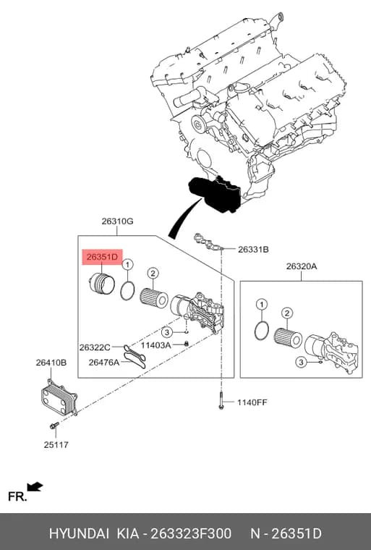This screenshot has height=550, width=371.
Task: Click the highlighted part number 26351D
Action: tap(102, 257)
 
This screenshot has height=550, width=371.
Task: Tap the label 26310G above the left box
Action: tap(117, 221)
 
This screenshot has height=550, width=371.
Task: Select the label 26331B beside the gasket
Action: tap(253, 250)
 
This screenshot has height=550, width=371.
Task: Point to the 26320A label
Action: tap(302, 266)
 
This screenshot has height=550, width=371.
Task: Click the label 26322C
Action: tap(95, 347)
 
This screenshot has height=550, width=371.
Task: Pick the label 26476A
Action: tap(104, 362)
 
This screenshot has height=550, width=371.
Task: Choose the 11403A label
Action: tap(155, 345)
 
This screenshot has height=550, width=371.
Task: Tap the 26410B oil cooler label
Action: tap(51, 363)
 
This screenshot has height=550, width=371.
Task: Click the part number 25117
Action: tap(56, 445)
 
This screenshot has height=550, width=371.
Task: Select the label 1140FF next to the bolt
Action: tap(252, 402)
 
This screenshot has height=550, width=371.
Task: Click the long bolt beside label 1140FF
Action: tap(221, 400)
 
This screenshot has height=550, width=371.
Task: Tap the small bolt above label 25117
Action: tap(54, 426)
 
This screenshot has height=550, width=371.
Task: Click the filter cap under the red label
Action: tap(102, 284)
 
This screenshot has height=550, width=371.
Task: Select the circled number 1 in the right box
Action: tap(262, 305)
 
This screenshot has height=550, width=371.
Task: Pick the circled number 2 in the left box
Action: tap(153, 273)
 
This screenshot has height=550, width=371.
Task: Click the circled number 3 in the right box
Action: tap(301, 362)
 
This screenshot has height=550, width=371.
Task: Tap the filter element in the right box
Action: tap(288, 337)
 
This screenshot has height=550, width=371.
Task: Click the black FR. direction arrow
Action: tap(35, 487)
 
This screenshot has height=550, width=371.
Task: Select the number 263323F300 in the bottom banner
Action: tap(191, 533)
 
